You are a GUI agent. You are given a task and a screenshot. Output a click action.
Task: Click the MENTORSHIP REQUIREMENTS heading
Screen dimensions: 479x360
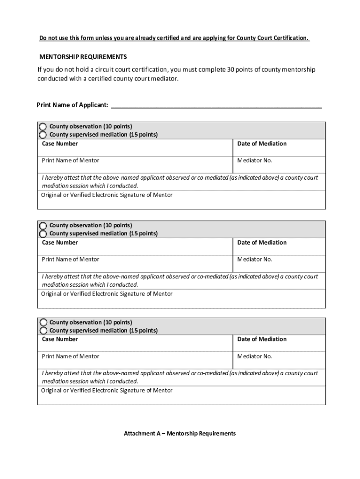tap(83, 57)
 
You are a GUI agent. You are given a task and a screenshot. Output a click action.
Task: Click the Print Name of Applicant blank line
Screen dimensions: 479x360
tap(216, 105)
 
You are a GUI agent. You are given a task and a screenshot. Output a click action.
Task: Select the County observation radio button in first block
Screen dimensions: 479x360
tap(43, 126)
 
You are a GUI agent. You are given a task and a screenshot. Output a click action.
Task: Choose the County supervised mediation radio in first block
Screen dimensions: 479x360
tap(43, 135)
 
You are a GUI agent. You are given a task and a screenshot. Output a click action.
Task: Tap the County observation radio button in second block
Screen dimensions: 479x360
tap(43, 225)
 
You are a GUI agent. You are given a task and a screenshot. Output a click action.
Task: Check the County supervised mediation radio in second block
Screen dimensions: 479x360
tap(43, 233)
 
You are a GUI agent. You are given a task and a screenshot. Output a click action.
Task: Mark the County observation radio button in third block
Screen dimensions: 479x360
tap(43, 322)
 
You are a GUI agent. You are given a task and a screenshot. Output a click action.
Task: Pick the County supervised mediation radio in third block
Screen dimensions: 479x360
tap(43, 330)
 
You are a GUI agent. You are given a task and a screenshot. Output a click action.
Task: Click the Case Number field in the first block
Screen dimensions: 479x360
tap(135, 148)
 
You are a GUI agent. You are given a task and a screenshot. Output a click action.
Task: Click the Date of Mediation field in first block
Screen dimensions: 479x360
tap(279, 149)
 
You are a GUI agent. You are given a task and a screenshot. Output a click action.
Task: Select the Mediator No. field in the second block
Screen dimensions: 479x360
tap(279, 263)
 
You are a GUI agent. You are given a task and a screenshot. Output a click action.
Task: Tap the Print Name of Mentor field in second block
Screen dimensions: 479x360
tap(135, 263)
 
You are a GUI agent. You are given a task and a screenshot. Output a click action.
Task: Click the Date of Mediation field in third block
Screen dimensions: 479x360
tap(279, 344)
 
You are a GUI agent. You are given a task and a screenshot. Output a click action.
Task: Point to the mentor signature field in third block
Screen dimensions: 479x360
tap(181, 397)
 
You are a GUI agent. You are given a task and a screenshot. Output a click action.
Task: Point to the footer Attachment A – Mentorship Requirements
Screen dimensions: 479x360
tap(180, 434)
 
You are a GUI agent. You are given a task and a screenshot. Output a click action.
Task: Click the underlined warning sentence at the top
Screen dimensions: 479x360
tap(174, 38)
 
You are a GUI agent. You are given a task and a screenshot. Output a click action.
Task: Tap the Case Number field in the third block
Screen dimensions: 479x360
tap(135, 344)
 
